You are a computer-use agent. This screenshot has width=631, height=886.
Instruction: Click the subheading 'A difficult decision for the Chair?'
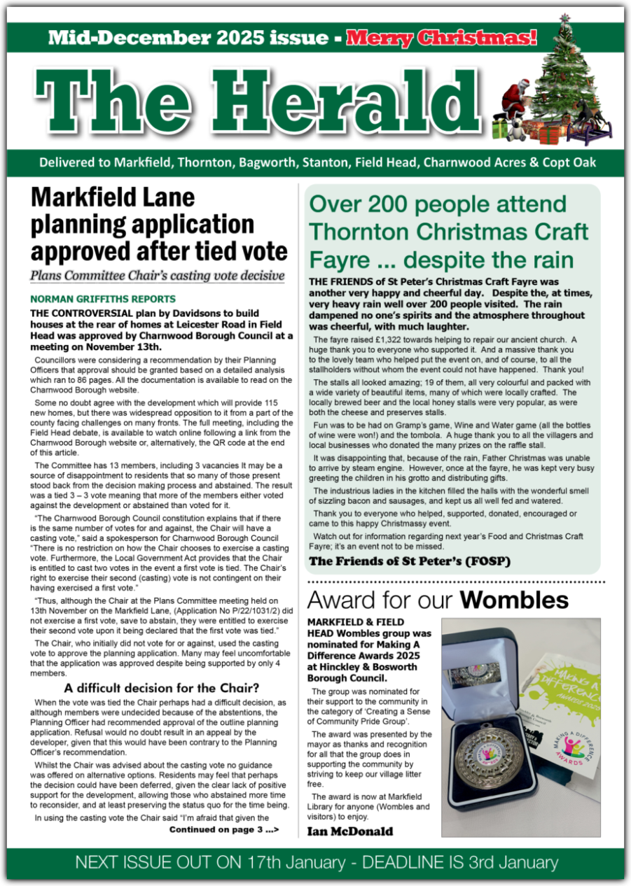(x=162, y=687)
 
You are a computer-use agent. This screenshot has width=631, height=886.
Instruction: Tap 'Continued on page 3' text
(x=224, y=829)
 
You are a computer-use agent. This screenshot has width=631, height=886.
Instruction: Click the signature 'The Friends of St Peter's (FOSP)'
(x=410, y=561)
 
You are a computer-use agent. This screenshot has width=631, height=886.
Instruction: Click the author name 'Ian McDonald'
(x=350, y=831)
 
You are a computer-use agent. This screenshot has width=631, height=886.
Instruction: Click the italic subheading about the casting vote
(x=158, y=275)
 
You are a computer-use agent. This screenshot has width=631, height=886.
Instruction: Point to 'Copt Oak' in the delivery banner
(x=571, y=162)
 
